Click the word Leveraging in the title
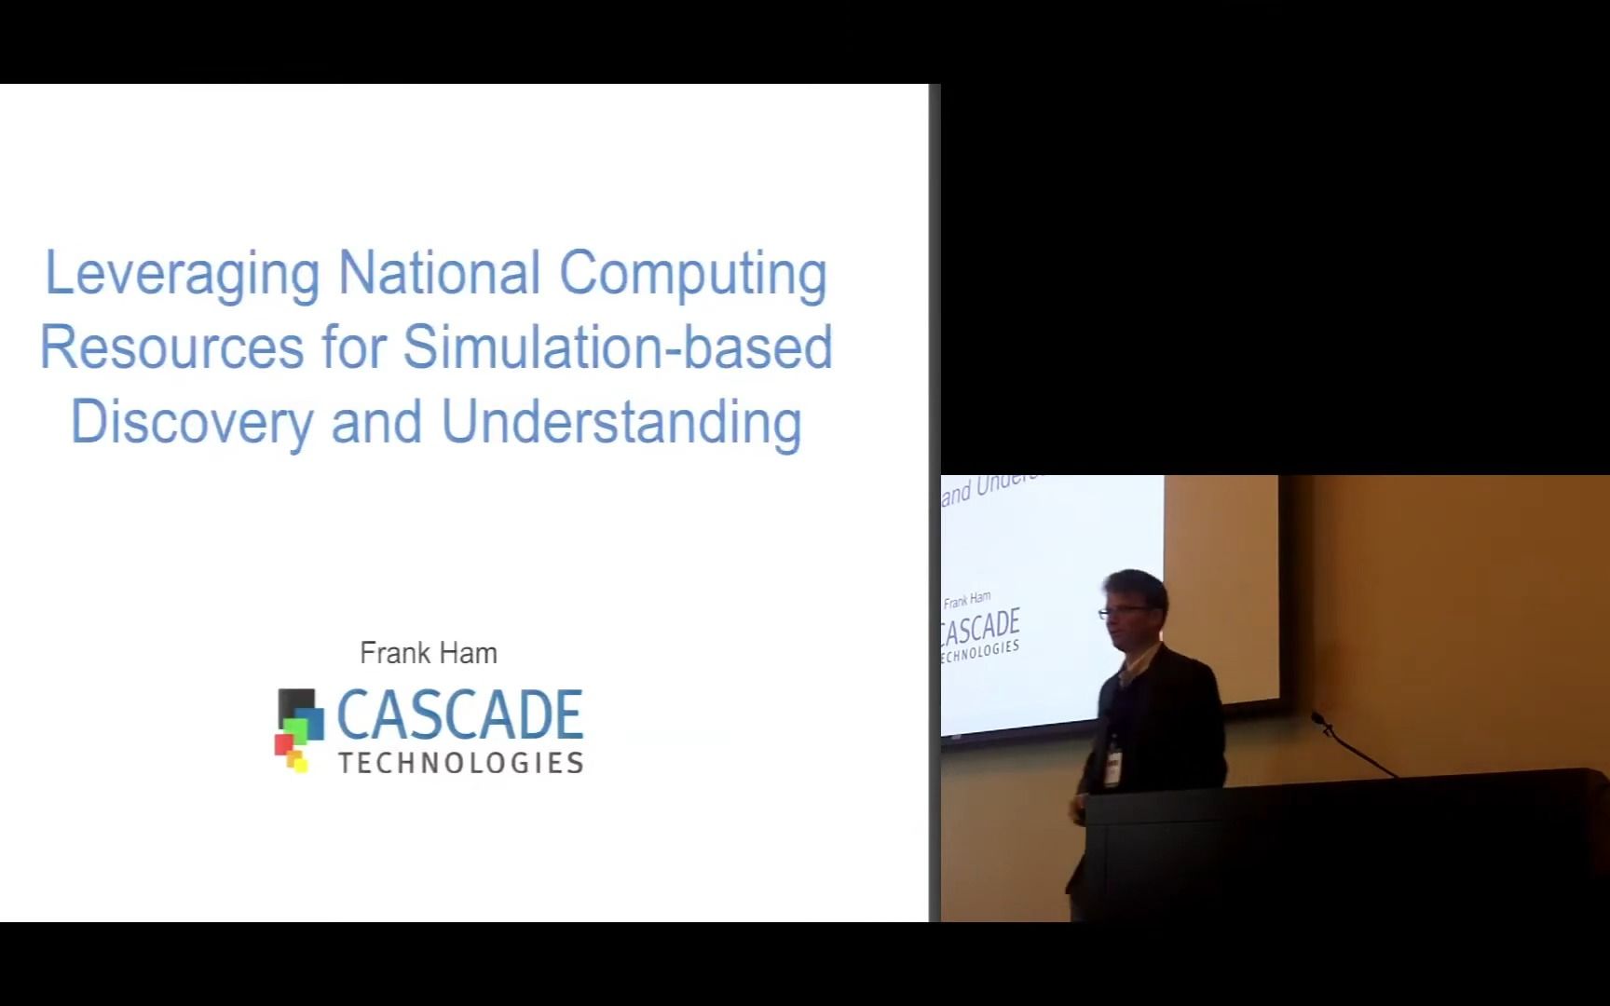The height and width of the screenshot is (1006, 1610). pyautogui.click(x=182, y=274)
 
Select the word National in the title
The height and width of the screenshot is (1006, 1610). pyautogui.click(x=439, y=273)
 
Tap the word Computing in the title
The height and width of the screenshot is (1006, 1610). pyautogui.click(x=692, y=274)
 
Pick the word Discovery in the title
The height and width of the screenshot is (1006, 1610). pyautogui.click(x=192, y=422)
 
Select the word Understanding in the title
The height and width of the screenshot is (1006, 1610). pyautogui.click(x=621, y=422)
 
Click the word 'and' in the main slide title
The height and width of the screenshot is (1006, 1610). pyautogui.click(x=376, y=422)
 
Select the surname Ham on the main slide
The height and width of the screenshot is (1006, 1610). pyautogui.click(x=470, y=653)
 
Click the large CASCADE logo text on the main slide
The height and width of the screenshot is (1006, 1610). pyautogui.click(x=459, y=715)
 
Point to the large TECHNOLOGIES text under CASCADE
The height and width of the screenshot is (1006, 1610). pyautogui.click(x=460, y=763)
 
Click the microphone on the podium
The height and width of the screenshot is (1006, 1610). pyautogui.click(x=1319, y=720)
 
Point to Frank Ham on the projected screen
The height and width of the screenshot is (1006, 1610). pyautogui.click(x=967, y=600)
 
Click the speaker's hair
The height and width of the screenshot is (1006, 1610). pyautogui.click(x=1137, y=585)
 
